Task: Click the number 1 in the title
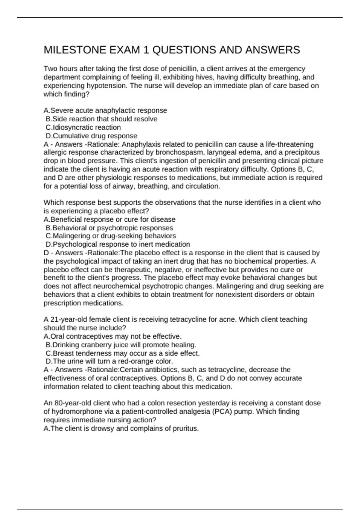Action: click(x=146, y=50)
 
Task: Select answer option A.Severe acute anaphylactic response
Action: click(x=105, y=110)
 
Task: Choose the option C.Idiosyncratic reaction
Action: click(x=83, y=127)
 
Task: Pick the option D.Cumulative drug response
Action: click(x=91, y=136)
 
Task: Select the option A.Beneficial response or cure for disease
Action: click(x=109, y=219)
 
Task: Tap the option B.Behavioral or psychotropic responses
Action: click(x=109, y=228)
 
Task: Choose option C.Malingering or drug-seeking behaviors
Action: click(x=111, y=236)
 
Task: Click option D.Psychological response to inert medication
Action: click(x=118, y=244)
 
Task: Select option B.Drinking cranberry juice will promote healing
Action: click(x=121, y=345)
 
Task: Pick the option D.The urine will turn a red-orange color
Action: click(x=109, y=361)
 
